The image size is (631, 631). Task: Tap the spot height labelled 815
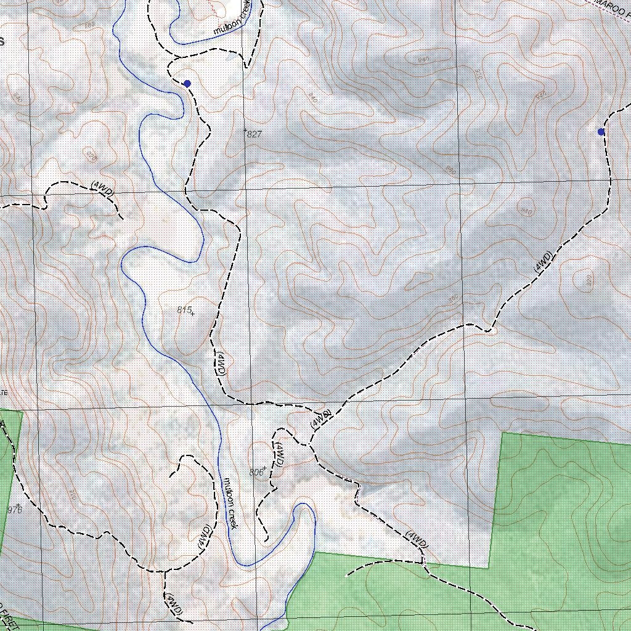click(184, 311)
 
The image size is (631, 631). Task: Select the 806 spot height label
click(256, 473)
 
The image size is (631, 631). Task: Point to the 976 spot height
click(14, 510)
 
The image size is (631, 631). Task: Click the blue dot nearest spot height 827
click(187, 83)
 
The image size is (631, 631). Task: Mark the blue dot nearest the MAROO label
click(601, 132)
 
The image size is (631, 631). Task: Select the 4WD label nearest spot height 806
click(279, 454)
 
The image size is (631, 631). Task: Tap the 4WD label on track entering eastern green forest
click(417, 539)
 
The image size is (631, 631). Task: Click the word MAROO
click(614, 6)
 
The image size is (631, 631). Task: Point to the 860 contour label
click(454, 298)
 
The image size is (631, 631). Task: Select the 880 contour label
click(449, 171)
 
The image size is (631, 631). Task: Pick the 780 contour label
click(91, 25)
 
